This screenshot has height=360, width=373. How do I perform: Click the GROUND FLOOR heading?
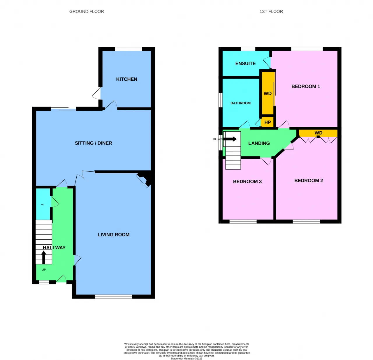[x=87, y=11]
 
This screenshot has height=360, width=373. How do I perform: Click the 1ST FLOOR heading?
[x=271, y=11]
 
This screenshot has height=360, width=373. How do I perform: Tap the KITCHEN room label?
[x=126, y=79]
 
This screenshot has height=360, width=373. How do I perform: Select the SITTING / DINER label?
[x=93, y=143]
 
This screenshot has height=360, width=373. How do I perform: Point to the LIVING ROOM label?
[x=113, y=234]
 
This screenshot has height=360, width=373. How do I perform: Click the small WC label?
[x=43, y=205]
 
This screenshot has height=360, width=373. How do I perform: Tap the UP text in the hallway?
[x=44, y=270]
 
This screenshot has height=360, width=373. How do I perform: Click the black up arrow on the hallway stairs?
[x=44, y=257]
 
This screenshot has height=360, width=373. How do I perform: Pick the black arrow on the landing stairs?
[x=230, y=139]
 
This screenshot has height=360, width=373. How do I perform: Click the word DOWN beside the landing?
[x=218, y=139]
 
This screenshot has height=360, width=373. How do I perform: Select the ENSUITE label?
[x=245, y=63]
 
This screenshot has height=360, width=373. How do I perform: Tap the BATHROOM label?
[x=240, y=103]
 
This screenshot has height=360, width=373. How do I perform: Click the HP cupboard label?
[x=268, y=122]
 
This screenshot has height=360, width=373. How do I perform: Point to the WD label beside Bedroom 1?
[x=268, y=93]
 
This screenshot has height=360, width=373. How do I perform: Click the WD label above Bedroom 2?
[x=319, y=133]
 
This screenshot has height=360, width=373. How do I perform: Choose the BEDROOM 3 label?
[x=247, y=181]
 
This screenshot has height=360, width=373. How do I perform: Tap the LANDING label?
[x=259, y=143]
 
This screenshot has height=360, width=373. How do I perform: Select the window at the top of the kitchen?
[x=129, y=49]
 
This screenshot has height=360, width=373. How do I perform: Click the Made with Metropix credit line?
[x=186, y=359]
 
